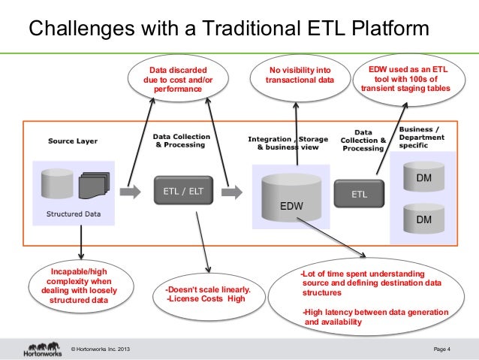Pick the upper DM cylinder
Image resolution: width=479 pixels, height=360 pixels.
(423, 177)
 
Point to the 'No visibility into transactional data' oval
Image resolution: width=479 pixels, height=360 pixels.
(299, 77)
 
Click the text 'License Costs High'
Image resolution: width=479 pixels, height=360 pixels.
(206, 298)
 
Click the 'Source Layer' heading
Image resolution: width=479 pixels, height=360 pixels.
(72, 141)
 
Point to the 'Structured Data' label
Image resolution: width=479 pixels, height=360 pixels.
(73, 213)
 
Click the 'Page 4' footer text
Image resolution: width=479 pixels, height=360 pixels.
(442, 349)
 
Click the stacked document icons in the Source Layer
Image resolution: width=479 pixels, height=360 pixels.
(94, 184)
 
